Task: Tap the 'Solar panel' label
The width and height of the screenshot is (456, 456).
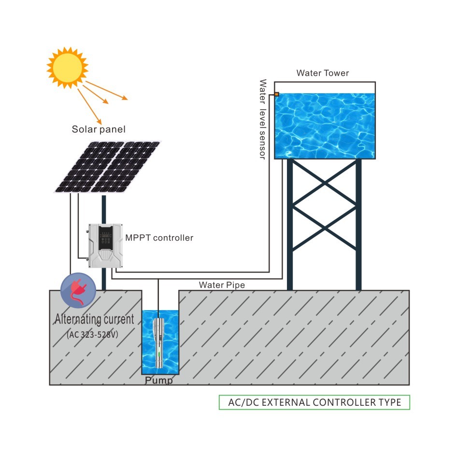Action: point(99,129)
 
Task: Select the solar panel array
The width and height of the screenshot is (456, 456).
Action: point(107,167)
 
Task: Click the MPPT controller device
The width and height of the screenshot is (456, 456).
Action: point(104,246)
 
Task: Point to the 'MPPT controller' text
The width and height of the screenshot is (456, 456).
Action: point(159,238)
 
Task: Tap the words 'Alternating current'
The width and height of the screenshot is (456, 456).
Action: point(94,319)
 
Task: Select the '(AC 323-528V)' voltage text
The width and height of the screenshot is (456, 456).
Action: point(94,334)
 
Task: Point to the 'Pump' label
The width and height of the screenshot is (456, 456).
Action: point(159,381)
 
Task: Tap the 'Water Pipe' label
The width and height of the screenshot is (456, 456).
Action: point(222,285)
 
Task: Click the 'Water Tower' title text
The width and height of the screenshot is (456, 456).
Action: point(323,73)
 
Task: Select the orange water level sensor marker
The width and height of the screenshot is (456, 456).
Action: point(276,94)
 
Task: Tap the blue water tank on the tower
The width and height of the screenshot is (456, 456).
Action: point(325,126)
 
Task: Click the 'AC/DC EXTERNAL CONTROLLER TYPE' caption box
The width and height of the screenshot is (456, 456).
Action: point(314,402)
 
